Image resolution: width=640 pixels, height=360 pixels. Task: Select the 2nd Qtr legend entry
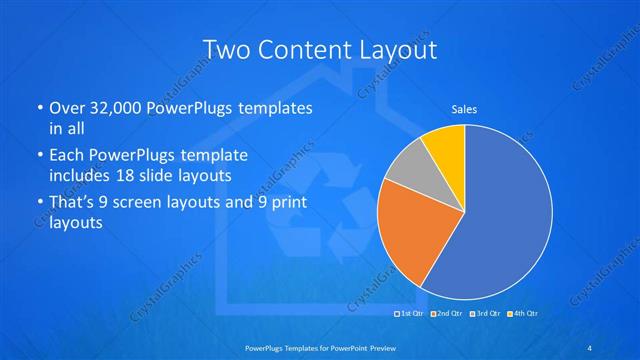coord(445,315)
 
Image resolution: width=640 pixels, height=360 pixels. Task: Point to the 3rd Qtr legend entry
coord(484,315)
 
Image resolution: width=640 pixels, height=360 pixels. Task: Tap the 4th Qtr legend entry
coord(521,315)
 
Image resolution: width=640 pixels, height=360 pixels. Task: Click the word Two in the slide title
coord(227,49)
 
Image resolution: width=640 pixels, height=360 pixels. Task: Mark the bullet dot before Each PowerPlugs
coord(39,157)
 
